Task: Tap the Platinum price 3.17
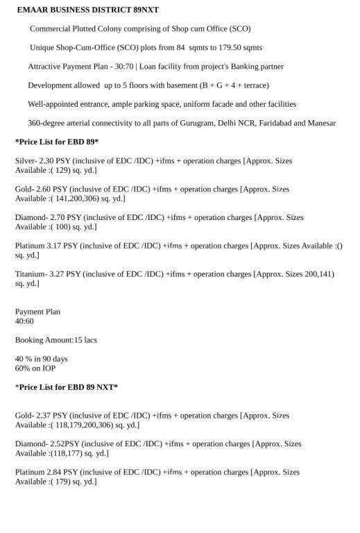pos(56,246)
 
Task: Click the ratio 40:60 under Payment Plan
pos(24,321)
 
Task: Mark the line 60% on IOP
pos(35,369)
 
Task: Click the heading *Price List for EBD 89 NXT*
pos(67,387)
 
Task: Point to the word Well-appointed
pos(53,104)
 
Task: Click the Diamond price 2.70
pos(59,217)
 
